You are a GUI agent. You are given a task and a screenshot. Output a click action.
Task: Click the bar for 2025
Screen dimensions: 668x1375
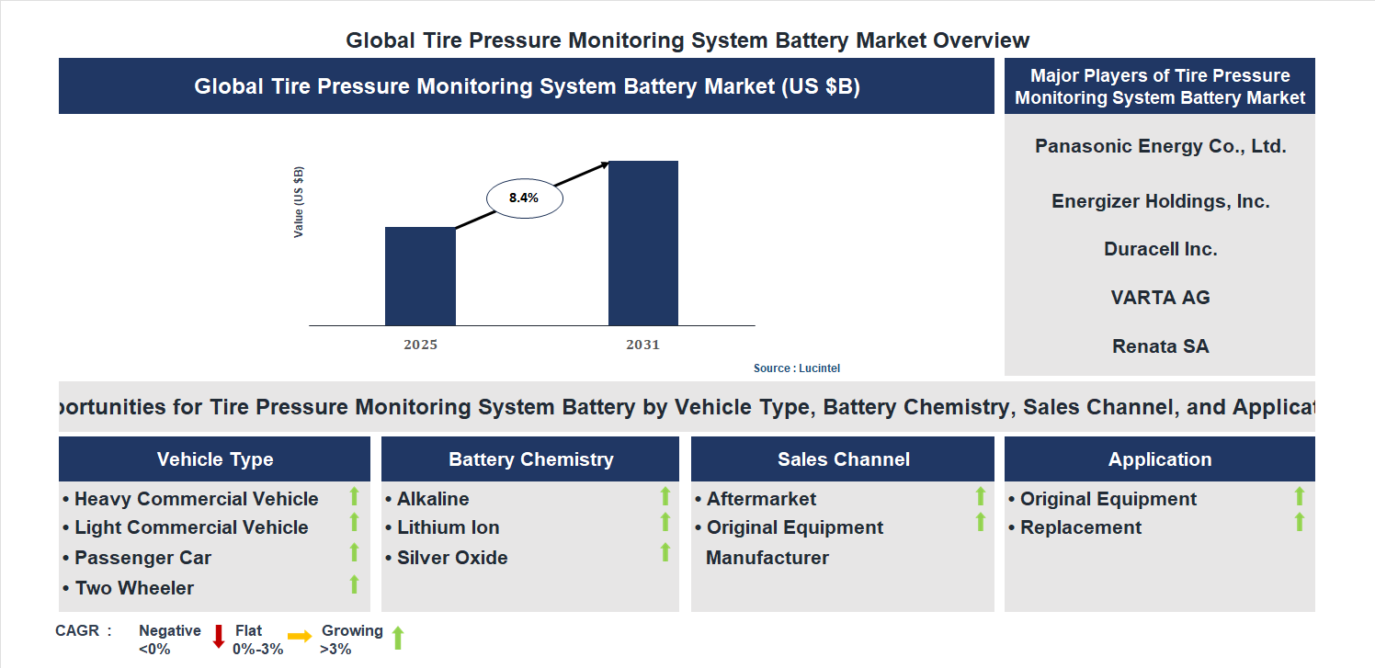(x=420, y=276)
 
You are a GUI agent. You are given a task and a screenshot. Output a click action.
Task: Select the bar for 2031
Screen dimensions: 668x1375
(x=643, y=243)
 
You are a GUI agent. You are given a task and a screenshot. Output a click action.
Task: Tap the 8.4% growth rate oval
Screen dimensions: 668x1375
(x=524, y=198)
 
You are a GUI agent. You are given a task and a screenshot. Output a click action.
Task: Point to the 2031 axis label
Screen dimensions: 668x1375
(x=643, y=345)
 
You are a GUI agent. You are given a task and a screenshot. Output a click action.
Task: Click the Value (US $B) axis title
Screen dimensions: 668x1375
(x=299, y=202)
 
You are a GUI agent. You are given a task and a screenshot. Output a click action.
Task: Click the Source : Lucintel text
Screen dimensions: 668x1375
(x=797, y=368)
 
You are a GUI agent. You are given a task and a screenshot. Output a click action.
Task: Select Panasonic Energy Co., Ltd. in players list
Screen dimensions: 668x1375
(x=1160, y=146)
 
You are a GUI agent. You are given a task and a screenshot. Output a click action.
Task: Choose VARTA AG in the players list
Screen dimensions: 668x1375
(x=1160, y=298)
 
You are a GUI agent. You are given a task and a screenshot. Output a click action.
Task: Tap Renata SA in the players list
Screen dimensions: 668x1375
(x=1160, y=346)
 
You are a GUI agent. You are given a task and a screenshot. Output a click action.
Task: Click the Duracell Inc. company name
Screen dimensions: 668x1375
(x=1160, y=249)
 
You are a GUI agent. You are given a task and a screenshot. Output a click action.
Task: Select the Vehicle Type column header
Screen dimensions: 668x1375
(x=214, y=459)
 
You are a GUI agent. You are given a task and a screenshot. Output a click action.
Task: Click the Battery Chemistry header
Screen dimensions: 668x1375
(x=530, y=459)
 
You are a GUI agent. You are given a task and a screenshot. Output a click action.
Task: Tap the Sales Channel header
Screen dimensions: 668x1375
(x=843, y=459)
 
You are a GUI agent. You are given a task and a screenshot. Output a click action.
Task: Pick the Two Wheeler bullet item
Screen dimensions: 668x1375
(x=134, y=588)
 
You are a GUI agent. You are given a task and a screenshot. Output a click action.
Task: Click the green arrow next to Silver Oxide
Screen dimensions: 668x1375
(x=665, y=552)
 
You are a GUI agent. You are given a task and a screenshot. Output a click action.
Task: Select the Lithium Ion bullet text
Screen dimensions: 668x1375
(x=448, y=527)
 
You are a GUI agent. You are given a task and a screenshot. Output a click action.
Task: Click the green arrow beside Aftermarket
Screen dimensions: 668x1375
(x=980, y=496)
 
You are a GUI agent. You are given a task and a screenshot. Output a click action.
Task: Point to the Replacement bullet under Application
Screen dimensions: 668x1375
(x=1081, y=527)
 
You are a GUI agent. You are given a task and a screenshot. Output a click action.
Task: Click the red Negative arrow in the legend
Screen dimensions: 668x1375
(x=219, y=636)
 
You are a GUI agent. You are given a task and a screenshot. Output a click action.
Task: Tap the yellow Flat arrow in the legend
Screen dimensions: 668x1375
(x=300, y=636)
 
